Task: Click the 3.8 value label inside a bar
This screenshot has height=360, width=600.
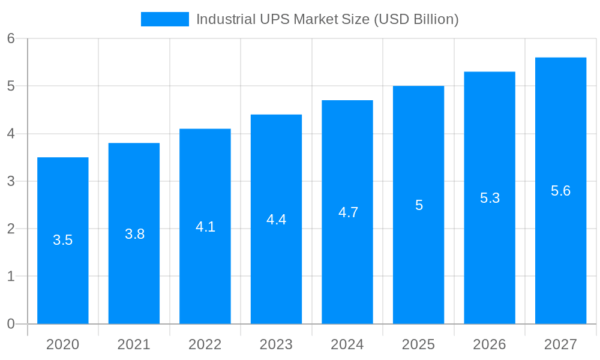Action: (x=134, y=234)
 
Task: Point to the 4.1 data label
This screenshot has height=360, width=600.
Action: (x=205, y=227)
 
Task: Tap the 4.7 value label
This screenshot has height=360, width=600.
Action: (x=348, y=212)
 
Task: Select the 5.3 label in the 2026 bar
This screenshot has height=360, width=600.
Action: (x=490, y=198)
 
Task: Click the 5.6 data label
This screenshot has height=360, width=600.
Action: (x=560, y=191)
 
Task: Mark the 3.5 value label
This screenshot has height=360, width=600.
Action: (x=63, y=241)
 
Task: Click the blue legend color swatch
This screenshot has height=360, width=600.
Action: (x=164, y=19)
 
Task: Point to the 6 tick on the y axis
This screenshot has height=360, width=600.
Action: (x=11, y=38)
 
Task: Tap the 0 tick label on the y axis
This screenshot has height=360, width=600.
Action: (x=11, y=324)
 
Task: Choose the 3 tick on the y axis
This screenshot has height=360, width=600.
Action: (x=11, y=181)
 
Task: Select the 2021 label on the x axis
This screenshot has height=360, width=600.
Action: (x=134, y=345)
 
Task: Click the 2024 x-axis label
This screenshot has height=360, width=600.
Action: (x=347, y=345)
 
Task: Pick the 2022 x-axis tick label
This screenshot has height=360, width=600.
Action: (x=205, y=345)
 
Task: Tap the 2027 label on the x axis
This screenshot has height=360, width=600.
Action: (x=560, y=345)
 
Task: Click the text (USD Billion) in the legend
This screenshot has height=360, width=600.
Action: (x=416, y=19)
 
